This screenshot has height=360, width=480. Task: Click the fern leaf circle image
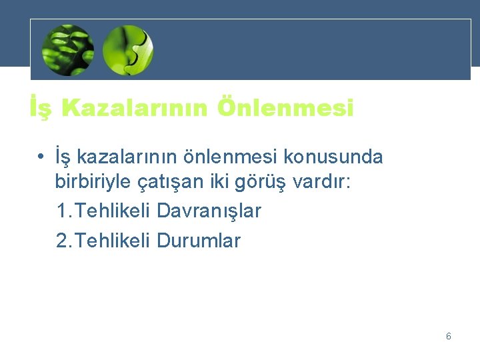(67, 49)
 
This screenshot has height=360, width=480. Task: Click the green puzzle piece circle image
(128, 49)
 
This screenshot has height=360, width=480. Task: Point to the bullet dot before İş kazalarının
(41, 157)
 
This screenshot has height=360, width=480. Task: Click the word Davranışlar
(209, 211)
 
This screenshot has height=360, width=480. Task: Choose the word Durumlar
(199, 240)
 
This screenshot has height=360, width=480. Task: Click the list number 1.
(63, 211)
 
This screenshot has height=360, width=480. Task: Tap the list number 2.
(63, 240)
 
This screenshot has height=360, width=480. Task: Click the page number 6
(448, 336)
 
